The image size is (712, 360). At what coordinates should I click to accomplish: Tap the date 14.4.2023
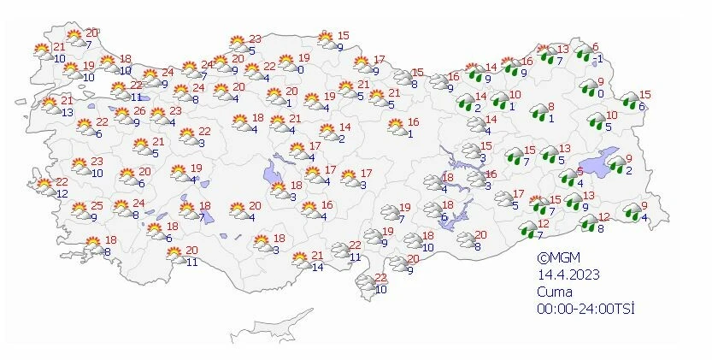568,274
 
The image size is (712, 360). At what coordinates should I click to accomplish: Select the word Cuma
553,291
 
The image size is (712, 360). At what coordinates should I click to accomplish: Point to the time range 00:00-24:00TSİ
585,308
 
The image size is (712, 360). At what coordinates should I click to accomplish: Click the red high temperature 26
139,110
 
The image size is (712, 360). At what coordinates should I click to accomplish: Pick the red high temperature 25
97,206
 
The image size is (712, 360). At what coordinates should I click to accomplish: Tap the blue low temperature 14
317,268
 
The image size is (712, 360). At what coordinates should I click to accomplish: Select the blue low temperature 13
66,111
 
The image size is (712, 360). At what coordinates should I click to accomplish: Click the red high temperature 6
596,47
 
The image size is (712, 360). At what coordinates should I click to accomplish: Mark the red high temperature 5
580,171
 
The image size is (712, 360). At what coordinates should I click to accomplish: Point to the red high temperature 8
551,106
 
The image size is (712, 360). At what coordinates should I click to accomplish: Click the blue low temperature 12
62,193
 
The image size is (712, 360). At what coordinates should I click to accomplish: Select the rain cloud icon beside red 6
583,55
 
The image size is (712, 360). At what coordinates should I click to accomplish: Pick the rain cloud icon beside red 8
538,111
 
